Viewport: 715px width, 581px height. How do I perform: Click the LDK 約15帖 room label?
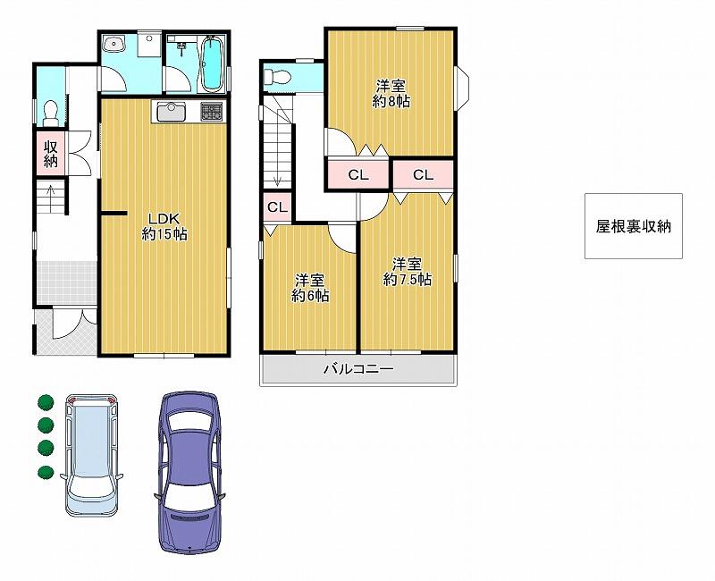coord(164,226)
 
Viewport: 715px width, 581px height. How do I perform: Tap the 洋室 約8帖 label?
coord(391,94)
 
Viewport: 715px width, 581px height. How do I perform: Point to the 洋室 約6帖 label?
coord(310,288)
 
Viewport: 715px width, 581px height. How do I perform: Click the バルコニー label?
coord(358,368)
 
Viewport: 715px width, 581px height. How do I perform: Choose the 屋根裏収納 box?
coord(634,226)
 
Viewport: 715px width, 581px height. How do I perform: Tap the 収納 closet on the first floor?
coord(51,153)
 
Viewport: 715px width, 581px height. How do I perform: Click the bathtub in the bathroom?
coord(212,63)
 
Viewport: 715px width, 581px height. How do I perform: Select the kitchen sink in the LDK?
coord(172,111)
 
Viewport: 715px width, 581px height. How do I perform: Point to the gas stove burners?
coord(212,111)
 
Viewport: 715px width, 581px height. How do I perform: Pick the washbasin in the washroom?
coord(114,46)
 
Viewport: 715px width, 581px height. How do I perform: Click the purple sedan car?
coord(189,472)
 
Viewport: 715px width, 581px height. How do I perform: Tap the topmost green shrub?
coord(46,402)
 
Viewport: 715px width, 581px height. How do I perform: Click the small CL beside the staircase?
coord(277,207)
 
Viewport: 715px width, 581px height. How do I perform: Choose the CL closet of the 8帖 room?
coord(358,174)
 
